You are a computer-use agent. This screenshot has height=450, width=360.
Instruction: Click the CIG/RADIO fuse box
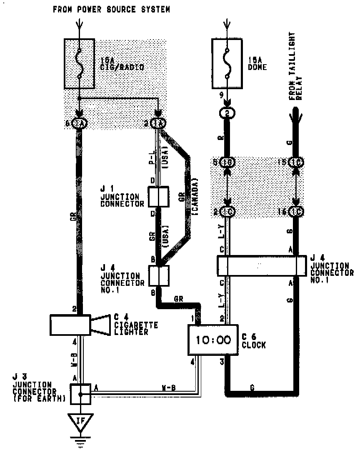(x=79, y=63)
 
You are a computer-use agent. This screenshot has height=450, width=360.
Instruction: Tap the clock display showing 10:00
(x=213, y=340)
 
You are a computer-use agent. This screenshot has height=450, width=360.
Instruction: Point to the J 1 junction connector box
(x=158, y=197)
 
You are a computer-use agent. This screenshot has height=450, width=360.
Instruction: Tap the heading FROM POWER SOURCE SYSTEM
(x=111, y=10)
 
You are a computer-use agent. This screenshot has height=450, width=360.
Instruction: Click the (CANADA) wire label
(x=195, y=196)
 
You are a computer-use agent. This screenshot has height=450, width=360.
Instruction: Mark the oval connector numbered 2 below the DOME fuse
(x=227, y=113)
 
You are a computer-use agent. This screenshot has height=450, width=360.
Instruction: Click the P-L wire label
(x=152, y=157)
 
